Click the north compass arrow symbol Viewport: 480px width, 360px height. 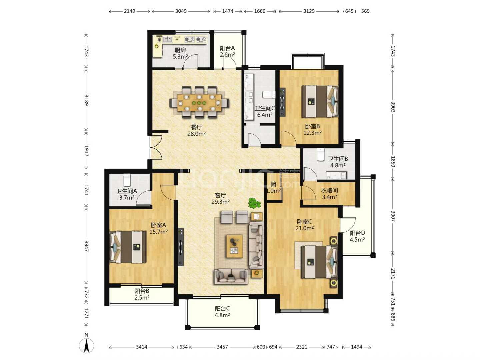click(87, 345)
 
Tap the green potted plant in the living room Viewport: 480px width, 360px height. click(254, 203)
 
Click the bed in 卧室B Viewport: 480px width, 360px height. click(320, 101)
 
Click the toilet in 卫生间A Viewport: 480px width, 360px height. click(127, 179)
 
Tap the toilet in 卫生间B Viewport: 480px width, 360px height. click(321, 154)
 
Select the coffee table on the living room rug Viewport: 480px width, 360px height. click(235, 246)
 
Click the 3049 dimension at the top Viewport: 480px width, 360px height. click(181, 11)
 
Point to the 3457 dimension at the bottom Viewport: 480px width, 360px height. click(222, 347)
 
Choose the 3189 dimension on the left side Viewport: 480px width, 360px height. click(87, 100)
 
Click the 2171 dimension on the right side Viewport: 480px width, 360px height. click(393, 274)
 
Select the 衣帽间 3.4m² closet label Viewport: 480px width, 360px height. click(330, 194)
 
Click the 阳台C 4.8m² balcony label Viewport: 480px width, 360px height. click(222, 312)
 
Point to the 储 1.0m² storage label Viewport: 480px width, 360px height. click(274, 187)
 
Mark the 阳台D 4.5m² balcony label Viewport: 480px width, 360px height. click(357, 236)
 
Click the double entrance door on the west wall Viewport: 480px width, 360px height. click(156, 147)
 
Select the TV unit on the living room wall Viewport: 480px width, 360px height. click(181, 247)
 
